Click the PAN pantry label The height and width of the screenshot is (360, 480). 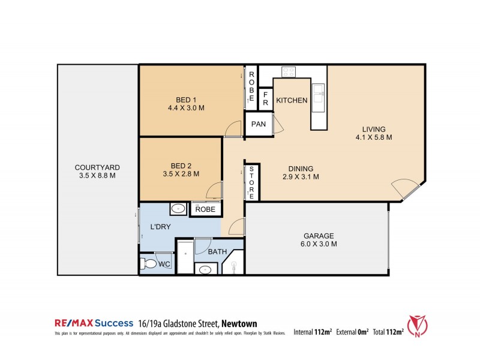pos(259,124)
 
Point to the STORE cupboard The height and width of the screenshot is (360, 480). pos(253,182)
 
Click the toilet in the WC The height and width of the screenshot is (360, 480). pos(148,263)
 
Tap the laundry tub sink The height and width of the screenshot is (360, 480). pos(178,209)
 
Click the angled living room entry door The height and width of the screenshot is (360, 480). pos(406,188)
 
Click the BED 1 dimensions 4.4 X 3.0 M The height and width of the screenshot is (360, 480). pos(187,109)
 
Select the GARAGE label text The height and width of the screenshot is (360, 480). pos(319,236)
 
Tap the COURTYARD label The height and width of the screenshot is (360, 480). pos(97,167)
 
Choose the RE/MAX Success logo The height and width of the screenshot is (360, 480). pos(92,322)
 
